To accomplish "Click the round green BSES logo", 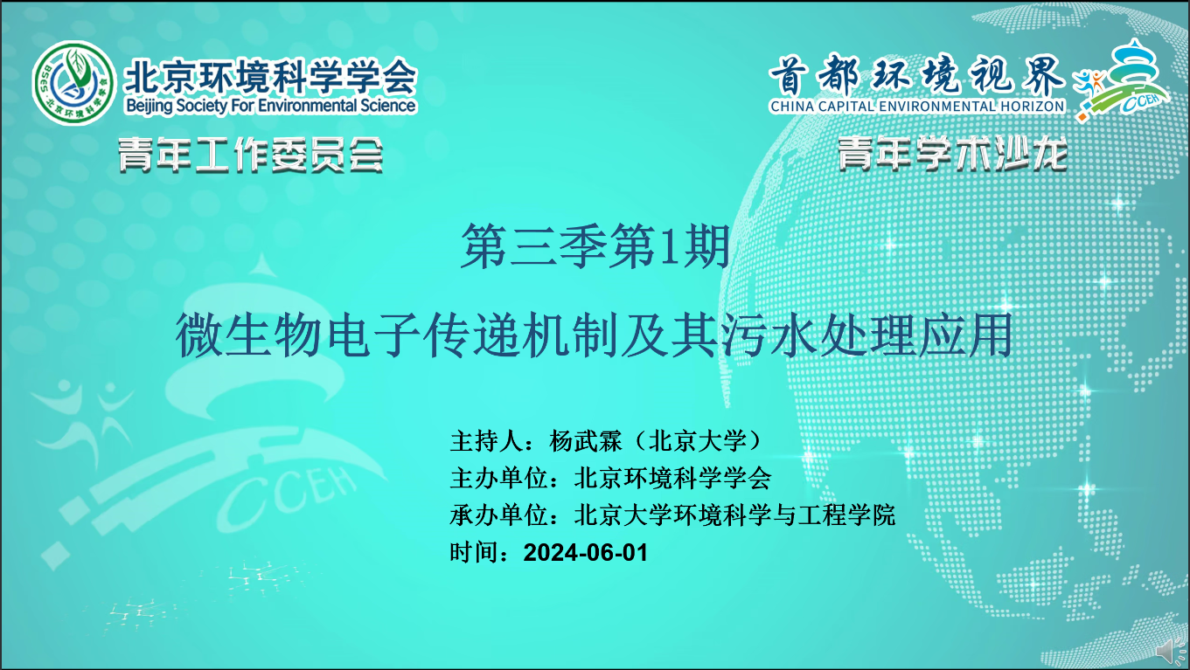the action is tap(73, 83).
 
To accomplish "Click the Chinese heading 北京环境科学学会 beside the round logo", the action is tap(270, 77).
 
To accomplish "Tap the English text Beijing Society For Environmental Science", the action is tap(270, 106).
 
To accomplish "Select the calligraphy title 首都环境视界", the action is tap(916, 75).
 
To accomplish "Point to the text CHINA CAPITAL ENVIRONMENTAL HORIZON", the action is tap(917, 107).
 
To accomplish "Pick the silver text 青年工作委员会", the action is tap(251, 155).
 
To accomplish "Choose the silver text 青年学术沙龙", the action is tap(952, 154).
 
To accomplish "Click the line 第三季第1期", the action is tap(595, 245).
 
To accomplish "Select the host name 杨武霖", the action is tap(586, 441).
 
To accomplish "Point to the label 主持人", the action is tap(487, 441).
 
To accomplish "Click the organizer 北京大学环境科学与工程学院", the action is tap(734, 515).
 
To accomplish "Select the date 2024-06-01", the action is tap(586, 553).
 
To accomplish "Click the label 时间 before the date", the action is tap(475, 553).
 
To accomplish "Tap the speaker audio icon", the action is tap(1172, 652).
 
